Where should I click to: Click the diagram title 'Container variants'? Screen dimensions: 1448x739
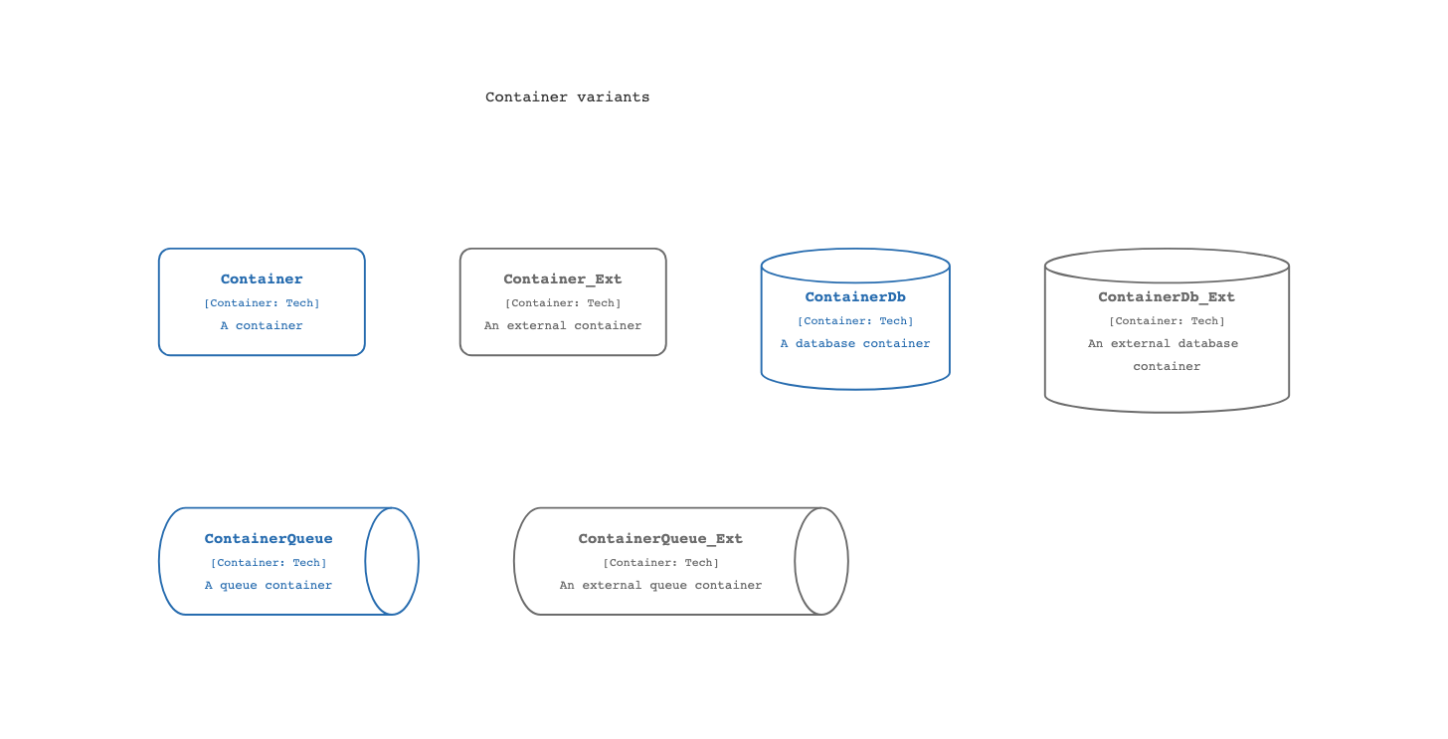click(x=567, y=97)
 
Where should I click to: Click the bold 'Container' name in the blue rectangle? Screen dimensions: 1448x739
click(x=262, y=278)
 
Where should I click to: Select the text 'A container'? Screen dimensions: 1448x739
click(x=262, y=325)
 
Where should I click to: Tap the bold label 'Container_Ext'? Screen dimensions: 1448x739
click(x=563, y=278)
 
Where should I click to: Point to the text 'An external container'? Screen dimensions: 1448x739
click(x=563, y=325)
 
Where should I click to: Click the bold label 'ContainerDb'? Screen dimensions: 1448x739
click(x=855, y=296)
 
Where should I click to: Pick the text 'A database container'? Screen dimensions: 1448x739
click(x=855, y=343)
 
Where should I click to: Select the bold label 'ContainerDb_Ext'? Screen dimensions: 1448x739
click(x=1167, y=296)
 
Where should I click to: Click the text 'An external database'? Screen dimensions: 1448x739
click(x=1163, y=343)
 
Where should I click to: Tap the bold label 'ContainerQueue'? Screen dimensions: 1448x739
click(x=269, y=538)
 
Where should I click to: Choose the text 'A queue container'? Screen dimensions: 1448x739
click(x=269, y=585)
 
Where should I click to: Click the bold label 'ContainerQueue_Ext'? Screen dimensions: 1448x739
click(x=660, y=538)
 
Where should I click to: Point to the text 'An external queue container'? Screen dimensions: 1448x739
click(x=660, y=585)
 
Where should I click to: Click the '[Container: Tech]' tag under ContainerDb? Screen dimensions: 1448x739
click(x=855, y=320)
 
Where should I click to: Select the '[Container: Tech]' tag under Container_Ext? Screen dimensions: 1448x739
click(x=563, y=302)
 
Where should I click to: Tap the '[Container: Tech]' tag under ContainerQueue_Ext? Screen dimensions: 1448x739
click(x=660, y=563)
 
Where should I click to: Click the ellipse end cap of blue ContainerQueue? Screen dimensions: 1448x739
click(x=419, y=561)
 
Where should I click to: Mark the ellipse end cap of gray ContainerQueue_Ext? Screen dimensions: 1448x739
click(x=848, y=561)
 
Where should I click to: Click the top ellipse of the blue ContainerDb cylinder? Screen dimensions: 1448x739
click(x=855, y=249)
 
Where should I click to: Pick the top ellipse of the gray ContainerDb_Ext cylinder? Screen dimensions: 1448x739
click(x=1167, y=249)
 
